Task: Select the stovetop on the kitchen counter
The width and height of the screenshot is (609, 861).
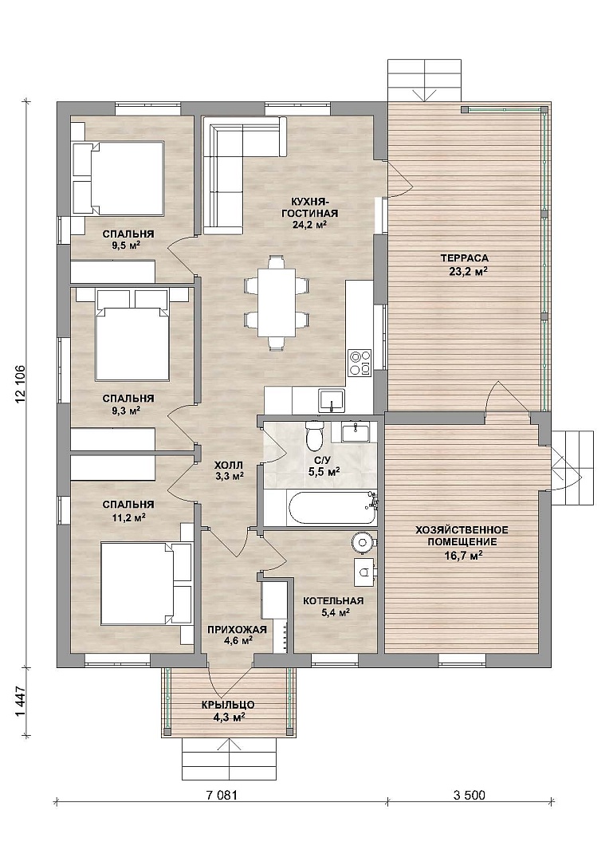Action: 360,364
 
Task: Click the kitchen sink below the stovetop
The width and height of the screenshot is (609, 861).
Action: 332,400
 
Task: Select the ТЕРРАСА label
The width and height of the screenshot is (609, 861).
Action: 464,258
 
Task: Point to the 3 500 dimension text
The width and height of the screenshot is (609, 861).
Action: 470,794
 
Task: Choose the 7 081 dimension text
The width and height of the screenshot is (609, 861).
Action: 221,794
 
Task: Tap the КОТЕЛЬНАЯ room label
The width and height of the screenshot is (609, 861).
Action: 333,601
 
